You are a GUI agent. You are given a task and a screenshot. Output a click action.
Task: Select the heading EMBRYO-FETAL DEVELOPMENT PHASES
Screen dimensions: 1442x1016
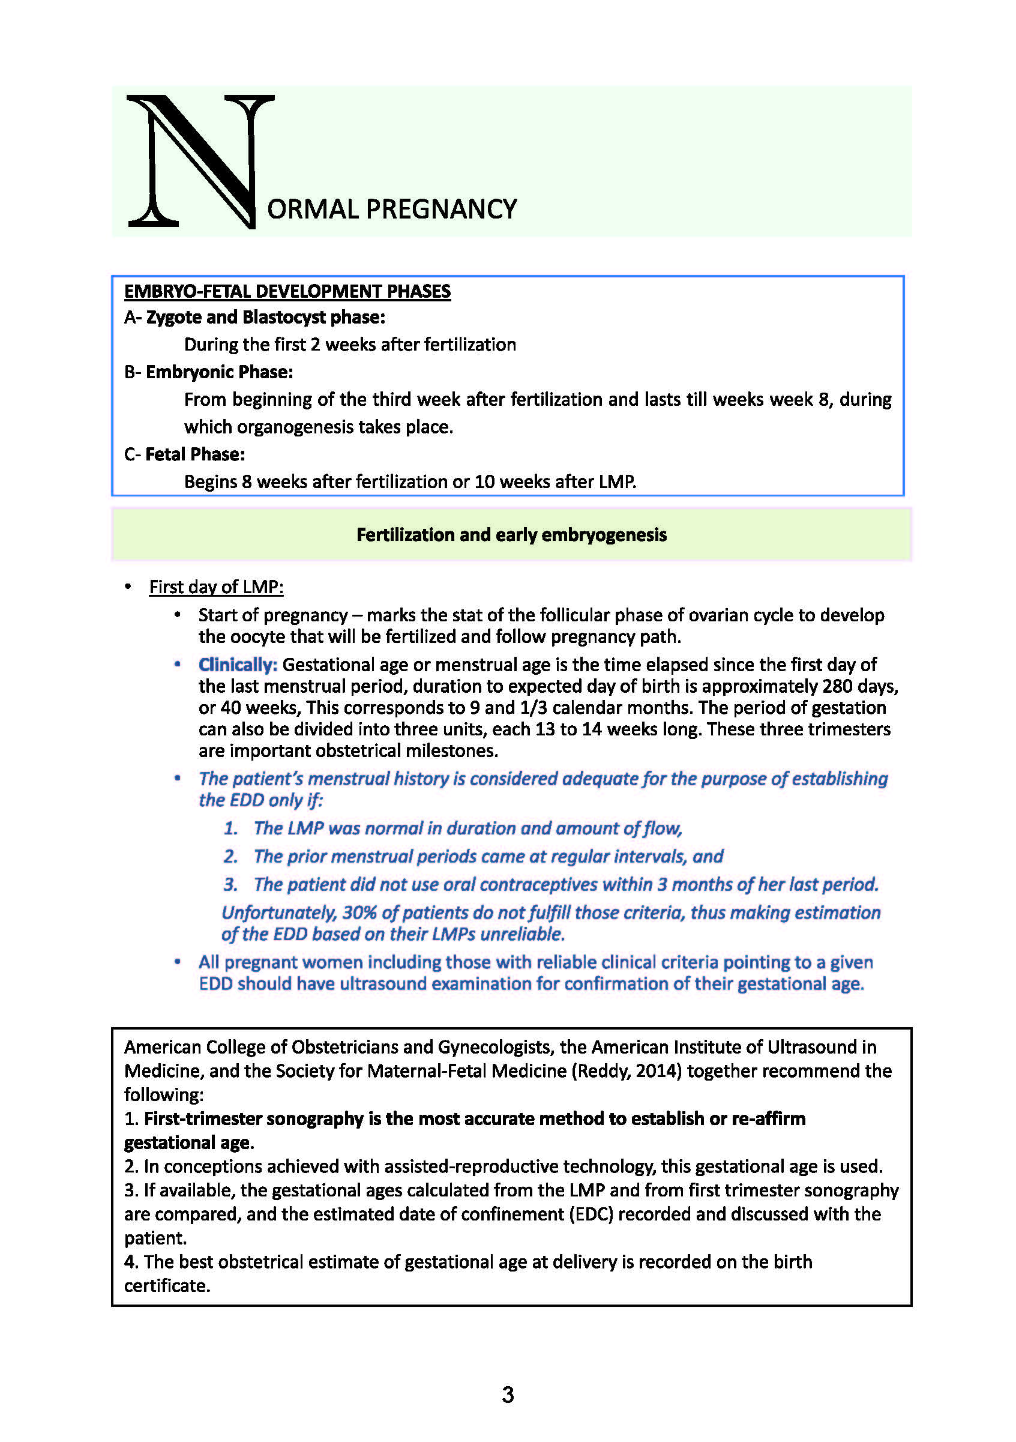287,291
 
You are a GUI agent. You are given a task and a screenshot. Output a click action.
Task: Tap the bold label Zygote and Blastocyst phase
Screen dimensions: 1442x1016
265,317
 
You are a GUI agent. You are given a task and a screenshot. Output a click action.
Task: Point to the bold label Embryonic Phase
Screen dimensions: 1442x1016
219,372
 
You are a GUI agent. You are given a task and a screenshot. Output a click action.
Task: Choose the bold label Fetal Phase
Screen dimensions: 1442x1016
194,454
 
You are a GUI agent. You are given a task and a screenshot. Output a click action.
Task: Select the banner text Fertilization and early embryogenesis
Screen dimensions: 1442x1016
511,534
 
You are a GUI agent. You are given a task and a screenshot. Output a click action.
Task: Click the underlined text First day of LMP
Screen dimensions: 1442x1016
216,587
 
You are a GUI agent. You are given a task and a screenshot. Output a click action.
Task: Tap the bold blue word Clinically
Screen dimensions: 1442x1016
238,665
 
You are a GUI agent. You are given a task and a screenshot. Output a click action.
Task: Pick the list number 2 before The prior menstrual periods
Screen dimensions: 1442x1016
230,856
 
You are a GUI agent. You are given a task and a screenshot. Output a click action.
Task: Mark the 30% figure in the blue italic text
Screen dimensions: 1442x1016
359,913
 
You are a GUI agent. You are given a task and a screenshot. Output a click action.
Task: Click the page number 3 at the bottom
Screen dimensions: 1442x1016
508,1395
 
